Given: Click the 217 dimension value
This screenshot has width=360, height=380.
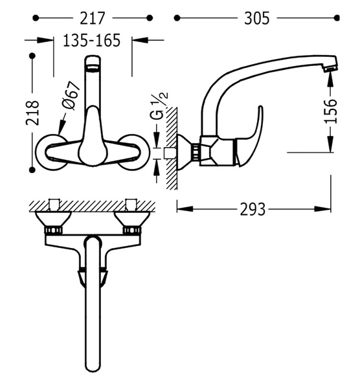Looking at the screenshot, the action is pyautogui.click(x=93, y=18).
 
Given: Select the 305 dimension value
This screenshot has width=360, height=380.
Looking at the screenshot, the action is pyautogui.click(x=257, y=18).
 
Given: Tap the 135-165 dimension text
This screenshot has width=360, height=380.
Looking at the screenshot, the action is pyautogui.click(x=92, y=40).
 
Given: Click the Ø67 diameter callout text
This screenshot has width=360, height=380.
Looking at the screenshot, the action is pyautogui.click(x=71, y=96).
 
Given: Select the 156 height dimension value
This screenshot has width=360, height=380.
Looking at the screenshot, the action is pyautogui.click(x=331, y=111).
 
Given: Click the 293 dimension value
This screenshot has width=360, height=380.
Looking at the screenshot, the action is pyautogui.click(x=253, y=209).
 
